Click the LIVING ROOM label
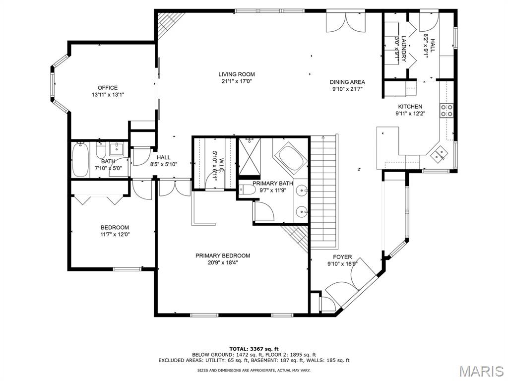(x=237, y=74)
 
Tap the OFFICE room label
(x=108, y=88)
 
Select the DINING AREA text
(x=347, y=82)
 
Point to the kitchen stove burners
(x=446, y=110)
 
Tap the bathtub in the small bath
(x=80, y=159)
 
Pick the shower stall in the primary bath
(x=250, y=156)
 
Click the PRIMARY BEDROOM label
(x=223, y=255)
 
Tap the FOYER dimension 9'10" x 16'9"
(x=342, y=264)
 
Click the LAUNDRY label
(x=404, y=49)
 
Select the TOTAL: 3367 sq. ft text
(x=254, y=349)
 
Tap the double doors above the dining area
(x=346, y=21)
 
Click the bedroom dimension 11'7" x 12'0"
(x=115, y=234)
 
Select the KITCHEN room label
(x=410, y=107)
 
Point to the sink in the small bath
(x=116, y=149)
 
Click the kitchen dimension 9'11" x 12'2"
(x=410, y=114)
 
